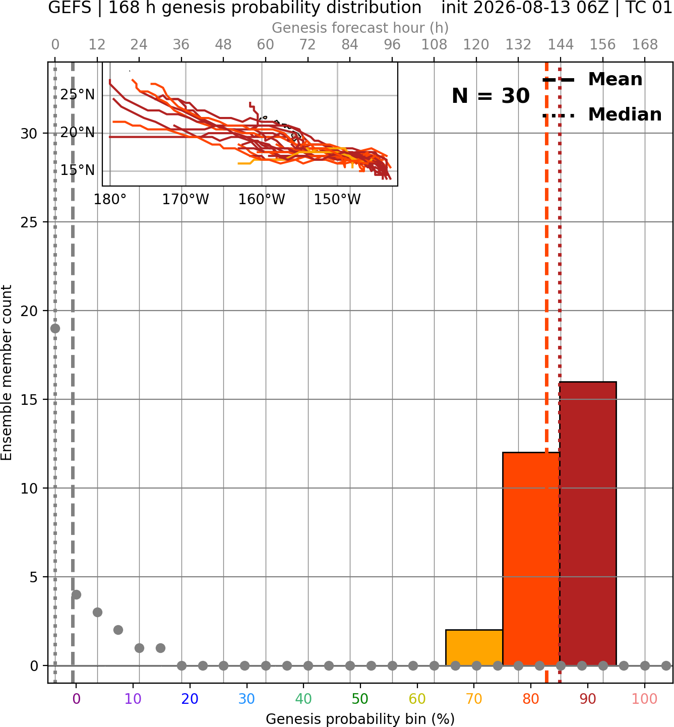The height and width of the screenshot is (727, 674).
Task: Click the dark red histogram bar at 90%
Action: click(x=588, y=523)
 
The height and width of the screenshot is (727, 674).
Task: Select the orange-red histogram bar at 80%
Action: click(x=531, y=559)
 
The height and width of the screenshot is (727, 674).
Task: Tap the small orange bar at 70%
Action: click(x=474, y=647)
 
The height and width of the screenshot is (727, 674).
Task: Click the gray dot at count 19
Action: click(x=55, y=328)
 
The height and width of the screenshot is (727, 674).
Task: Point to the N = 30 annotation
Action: click(x=491, y=96)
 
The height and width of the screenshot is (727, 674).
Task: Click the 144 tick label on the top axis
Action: click(x=560, y=45)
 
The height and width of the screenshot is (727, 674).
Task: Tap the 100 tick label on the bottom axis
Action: click(x=644, y=699)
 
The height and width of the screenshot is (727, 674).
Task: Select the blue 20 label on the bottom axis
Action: click(x=190, y=699)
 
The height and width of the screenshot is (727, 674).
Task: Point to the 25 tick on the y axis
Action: click(x=29, y=222)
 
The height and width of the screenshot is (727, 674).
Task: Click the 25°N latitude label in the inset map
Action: click(x=78, y=95)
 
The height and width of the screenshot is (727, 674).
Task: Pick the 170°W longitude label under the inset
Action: click(x=185, y=200)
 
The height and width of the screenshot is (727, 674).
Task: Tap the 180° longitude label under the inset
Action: click(x=110, y=200)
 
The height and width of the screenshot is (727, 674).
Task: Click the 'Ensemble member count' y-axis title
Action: click(x=6, y=373)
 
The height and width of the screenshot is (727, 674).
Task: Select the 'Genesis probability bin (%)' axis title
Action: click(x=360, y=719)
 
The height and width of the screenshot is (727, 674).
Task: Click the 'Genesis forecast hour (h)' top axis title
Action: click(x=360, y=28)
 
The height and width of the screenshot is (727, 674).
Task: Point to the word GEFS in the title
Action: click(x=70, y=8)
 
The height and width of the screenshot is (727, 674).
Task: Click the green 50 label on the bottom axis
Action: click(x=360, y=699)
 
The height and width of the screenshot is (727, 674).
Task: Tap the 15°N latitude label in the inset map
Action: click(x=78, y=170)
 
